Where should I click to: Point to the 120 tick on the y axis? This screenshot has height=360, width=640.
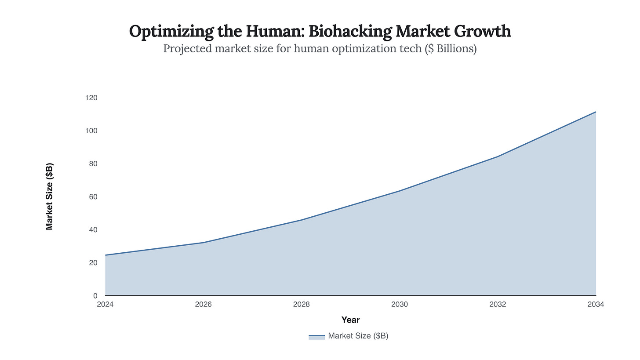point(91,98)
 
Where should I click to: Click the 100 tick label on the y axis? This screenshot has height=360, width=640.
point(91,131)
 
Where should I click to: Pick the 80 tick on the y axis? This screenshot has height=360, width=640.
point(93,164)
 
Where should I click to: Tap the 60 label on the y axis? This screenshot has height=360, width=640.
point(93,196)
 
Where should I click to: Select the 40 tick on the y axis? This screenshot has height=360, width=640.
point(93,229)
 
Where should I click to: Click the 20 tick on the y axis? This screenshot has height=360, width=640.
point(93,262)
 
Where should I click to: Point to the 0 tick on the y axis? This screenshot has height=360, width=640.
point(95,295)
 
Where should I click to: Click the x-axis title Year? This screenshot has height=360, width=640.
point(350,320)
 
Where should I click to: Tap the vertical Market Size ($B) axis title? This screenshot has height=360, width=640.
point(50,196)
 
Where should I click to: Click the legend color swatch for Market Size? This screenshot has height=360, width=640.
point(316,336)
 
